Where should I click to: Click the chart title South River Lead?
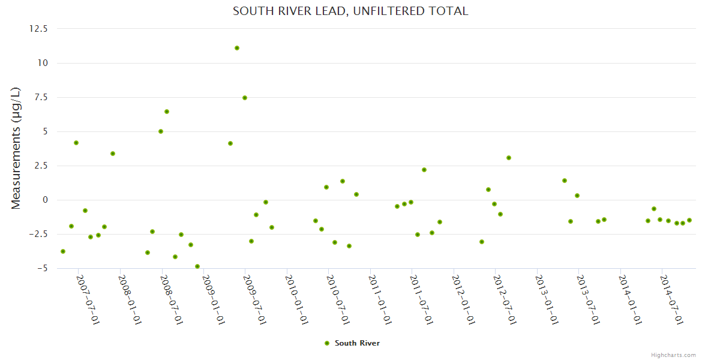[350, 11]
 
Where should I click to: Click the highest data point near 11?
[237, 48]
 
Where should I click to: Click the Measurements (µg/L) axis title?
[16, 148]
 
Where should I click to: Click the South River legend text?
[357, 343]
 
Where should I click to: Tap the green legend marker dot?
[327, 343]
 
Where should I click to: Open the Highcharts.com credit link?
[673, 355]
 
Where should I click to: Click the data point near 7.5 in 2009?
[245, 98]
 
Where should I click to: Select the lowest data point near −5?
[197, 266]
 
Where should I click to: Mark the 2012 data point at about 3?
[509, 158]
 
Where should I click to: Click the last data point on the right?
[689, 220]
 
